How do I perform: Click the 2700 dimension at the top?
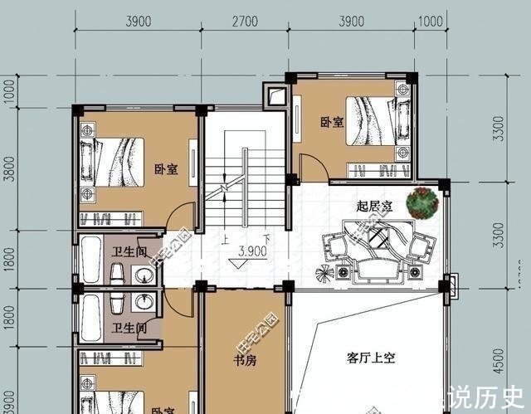click(245, 22)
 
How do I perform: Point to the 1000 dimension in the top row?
click(431, 22)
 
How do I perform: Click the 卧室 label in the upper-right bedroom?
click(332, 123)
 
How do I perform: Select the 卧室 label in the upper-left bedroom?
click(166, 169)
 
